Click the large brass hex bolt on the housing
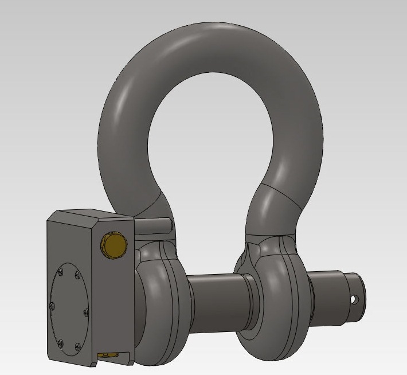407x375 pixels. [112, 245]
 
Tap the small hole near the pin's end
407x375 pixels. [354, 299]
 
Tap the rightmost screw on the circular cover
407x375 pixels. [85, 312]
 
